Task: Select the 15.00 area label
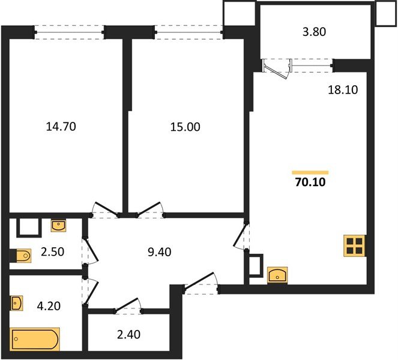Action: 185,127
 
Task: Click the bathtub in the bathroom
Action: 35,339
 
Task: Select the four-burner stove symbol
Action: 354,246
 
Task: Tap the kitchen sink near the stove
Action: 277,274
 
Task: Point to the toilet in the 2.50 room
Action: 21,256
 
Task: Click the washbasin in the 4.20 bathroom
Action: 17,302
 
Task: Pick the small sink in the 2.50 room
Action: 59,226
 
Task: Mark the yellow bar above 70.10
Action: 310,172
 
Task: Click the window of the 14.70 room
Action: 69,32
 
